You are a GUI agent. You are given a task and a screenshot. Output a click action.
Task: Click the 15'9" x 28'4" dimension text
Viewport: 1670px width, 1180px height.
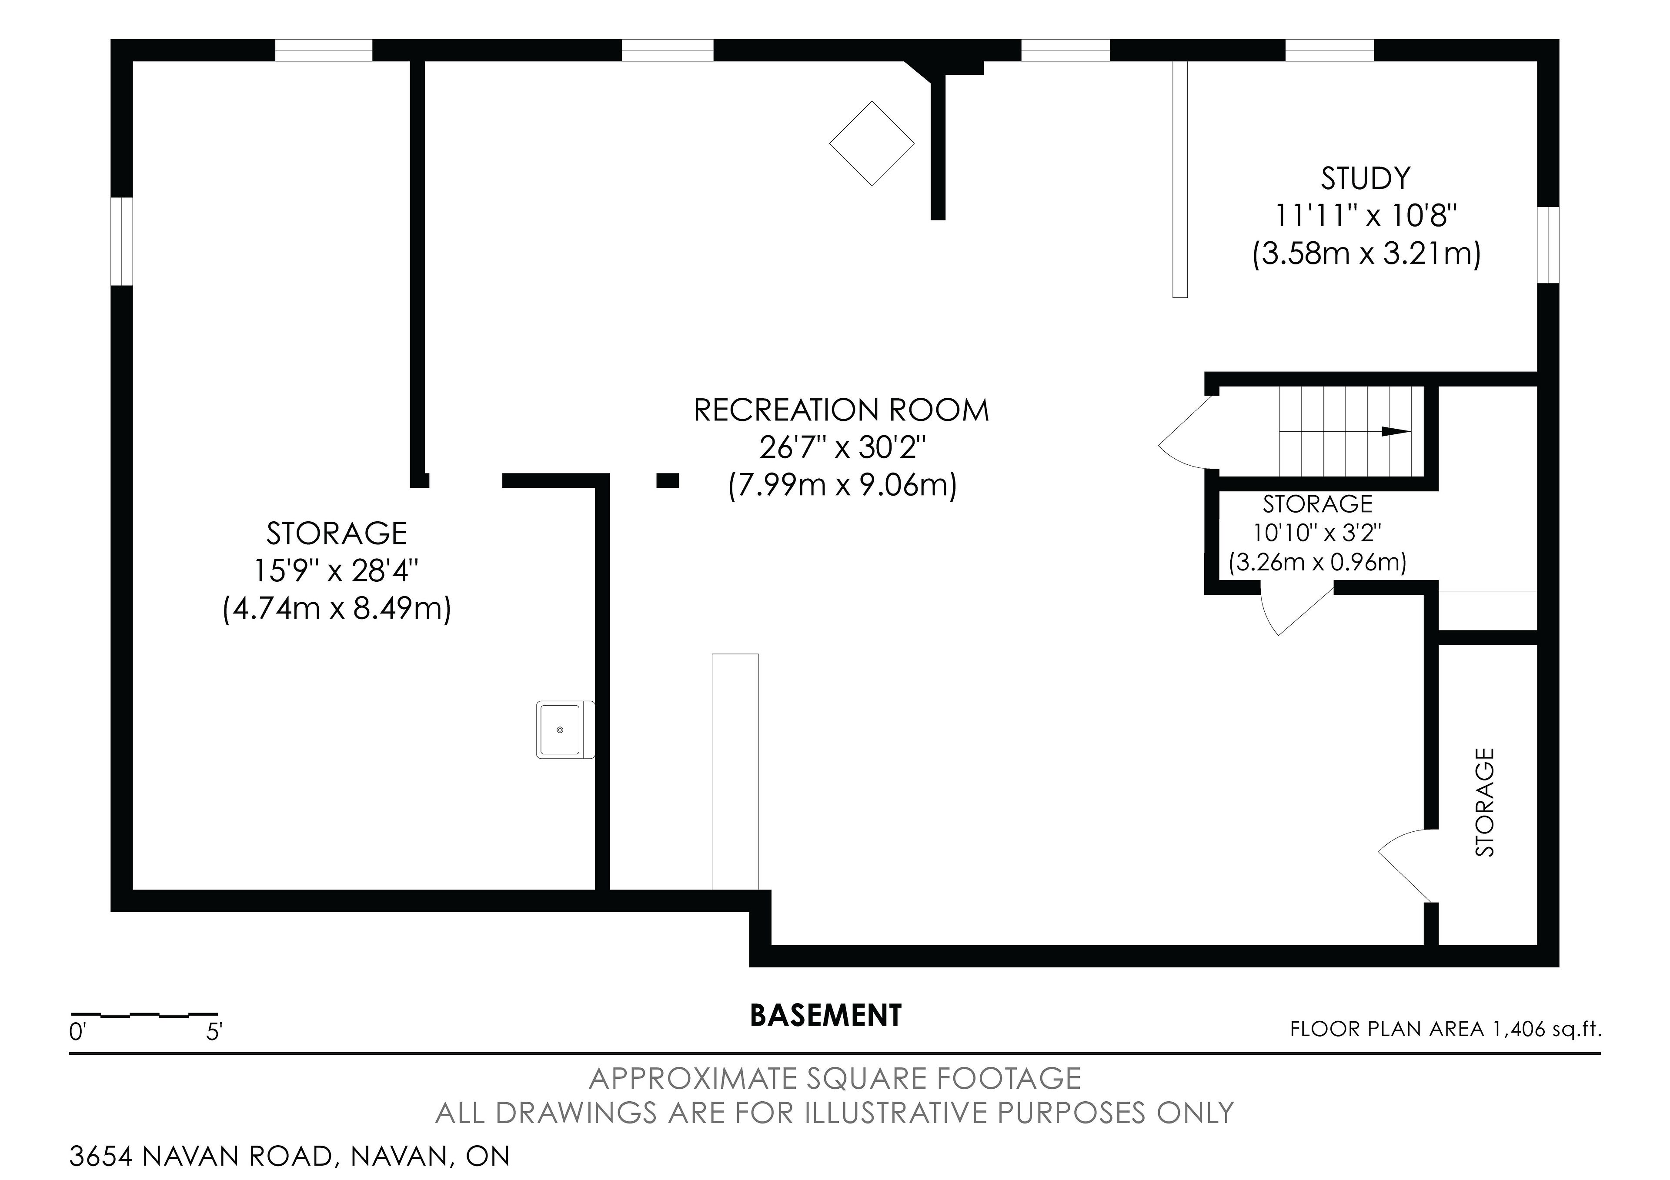pos(337,571)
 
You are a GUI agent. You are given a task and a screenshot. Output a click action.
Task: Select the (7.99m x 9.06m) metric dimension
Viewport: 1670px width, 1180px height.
pos(842,485)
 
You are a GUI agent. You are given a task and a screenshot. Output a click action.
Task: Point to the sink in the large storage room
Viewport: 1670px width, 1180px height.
pos(565,729)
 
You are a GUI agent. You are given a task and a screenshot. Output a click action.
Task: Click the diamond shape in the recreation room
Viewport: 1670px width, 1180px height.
pos(872,143)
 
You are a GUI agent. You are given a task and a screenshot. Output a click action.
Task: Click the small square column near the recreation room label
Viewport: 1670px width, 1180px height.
pos(668,480)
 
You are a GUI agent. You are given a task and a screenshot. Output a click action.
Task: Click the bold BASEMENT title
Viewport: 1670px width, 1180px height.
pos(825,1016)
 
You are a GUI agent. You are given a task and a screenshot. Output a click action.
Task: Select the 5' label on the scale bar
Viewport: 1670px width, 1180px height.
pos(214,1033)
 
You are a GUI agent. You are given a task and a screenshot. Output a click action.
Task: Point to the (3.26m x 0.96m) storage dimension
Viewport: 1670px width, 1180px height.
pos(1317,562)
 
